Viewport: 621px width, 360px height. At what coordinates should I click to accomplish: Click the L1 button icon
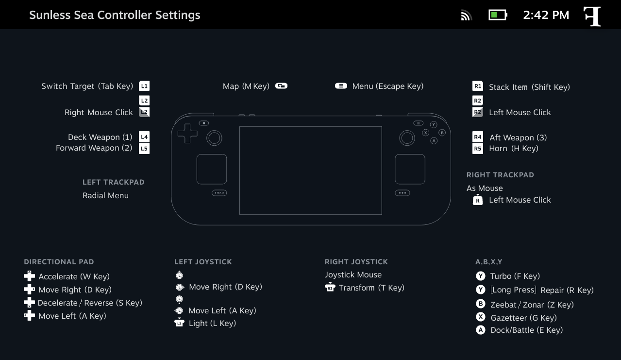point(144,86)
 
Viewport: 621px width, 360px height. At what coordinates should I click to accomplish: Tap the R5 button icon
point(477,148)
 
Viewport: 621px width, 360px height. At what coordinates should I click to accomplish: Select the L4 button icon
point(144,137)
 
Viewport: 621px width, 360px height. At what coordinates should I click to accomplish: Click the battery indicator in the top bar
point(498,15)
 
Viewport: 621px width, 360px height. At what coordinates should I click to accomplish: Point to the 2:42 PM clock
point(546,15)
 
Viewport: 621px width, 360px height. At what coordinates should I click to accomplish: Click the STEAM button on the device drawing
point(219,193)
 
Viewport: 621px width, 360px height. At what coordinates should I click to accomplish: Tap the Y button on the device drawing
point(434,124)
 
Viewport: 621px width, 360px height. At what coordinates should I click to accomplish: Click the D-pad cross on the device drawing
point(187,134)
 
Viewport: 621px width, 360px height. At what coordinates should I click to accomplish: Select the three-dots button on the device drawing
point(402,193)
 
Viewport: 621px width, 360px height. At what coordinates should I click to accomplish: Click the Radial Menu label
point(106,195)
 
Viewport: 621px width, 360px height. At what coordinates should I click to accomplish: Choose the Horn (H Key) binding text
point(514,148)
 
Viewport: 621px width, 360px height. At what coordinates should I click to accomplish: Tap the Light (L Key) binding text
point(212,324)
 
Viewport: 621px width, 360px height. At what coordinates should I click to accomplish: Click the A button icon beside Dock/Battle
point(481,330)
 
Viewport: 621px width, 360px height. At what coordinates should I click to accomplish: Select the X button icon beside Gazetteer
point(481,317)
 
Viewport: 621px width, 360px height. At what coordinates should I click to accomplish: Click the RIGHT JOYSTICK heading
point(356,262)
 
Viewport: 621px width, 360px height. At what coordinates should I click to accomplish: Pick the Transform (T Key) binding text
point(371,288)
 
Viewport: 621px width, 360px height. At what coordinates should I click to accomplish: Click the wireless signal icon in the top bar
point(466,15)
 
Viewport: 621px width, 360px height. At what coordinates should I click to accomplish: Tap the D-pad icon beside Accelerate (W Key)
point(30,276)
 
